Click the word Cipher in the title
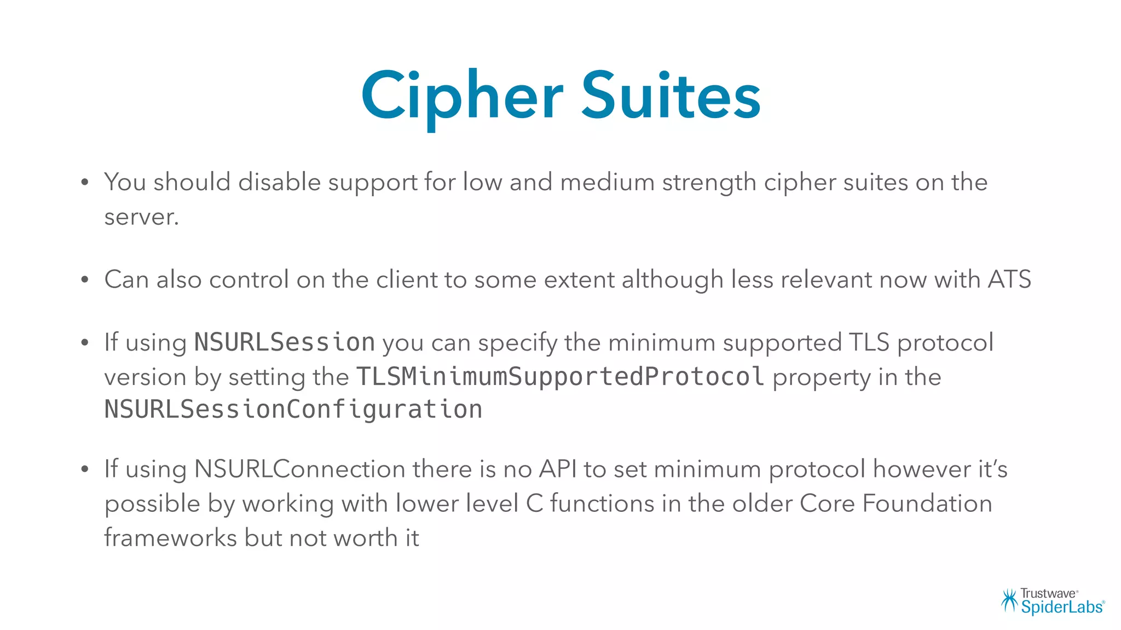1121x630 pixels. pyautogui.click(x=461, y=97)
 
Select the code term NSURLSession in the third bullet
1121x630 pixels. pyautogui.click(x=285, y=342)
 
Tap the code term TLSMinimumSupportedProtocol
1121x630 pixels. pyautogui.click(x=560, y=376)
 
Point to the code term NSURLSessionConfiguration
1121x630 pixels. pyautogui.click(x=293, y=410)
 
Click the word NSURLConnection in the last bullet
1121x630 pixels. pyautogui.click(x=299, y=469)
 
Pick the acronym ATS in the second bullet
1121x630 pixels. pyautogui.click(x=1009, y=279)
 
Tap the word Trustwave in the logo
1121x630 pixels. pyautogui.click(x=1048, y=594)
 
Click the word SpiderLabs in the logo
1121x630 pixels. pyautogui.click(x=1061, y=607)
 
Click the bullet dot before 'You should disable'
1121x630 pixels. pyautogui.click(x=84, y=183)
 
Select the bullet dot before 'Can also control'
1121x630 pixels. pyautogui.click(x=84, y=280)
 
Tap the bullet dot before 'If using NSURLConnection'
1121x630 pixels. pyautogui.click(x=84, y=469)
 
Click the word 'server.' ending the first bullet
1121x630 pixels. pyautogui.click(x=141, y=218)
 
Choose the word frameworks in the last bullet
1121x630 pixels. pyautogui.click(x=170, y=538)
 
